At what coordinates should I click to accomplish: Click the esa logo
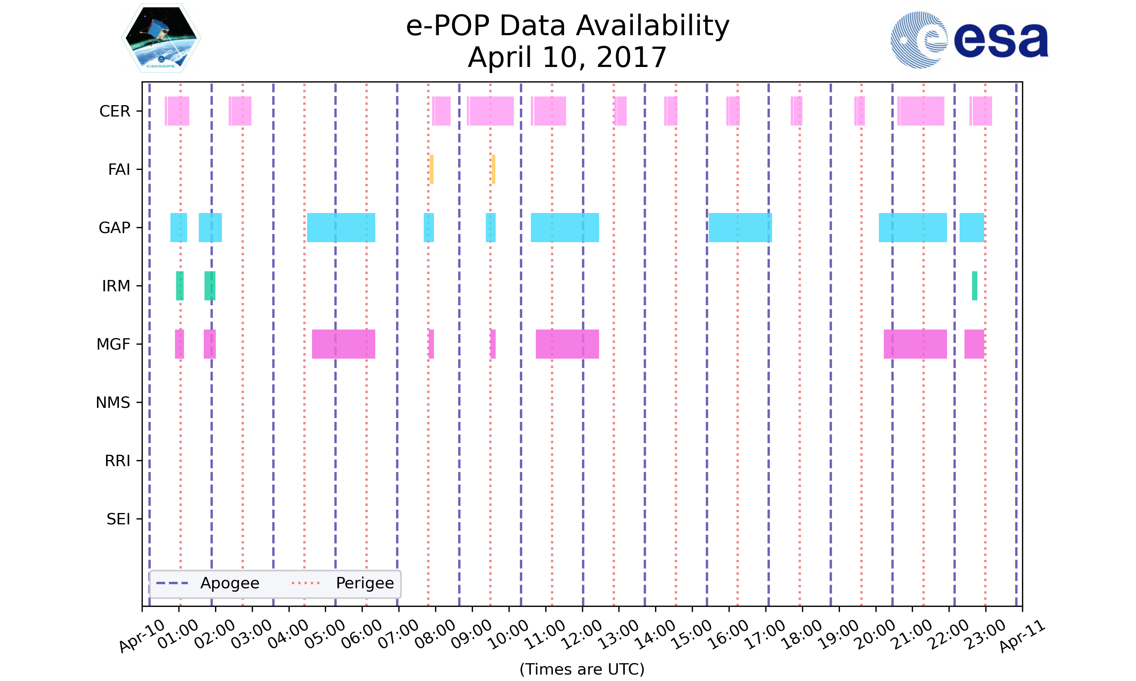[969, 40]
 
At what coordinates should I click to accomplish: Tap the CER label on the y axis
[115, 111]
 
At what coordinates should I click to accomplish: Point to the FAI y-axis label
[119, 169]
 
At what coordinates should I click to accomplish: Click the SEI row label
[119, 519]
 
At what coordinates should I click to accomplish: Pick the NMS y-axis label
[113, 403]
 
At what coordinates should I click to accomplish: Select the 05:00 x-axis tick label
[325, 634]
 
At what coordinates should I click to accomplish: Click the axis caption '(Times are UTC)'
[582, 669]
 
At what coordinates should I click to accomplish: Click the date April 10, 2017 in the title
[567, 58]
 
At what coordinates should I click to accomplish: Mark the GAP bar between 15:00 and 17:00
[740, 228]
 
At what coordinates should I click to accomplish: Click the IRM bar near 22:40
[974, 286]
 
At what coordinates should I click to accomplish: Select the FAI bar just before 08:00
[432, 169]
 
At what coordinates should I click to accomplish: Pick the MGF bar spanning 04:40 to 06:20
[343, 344]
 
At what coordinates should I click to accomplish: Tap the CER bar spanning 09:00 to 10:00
[490, 111]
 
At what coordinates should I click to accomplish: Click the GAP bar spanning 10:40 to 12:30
[565, 228]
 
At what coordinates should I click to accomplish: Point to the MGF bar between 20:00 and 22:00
[915, 344]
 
